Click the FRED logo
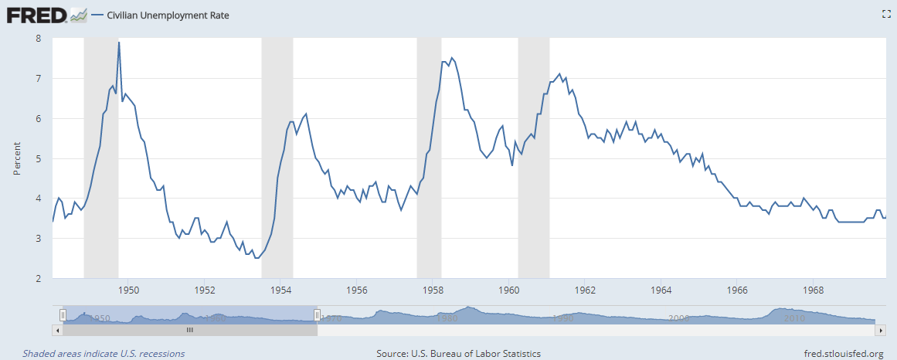(36, 14)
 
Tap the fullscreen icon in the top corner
(886, 14)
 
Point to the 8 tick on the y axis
(38, 38)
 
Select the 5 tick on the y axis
(38, 158)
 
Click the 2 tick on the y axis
(38, 278)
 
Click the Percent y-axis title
(17, 158)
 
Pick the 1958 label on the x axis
(433, 290)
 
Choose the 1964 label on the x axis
(661, 290)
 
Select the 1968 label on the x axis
(814, 290)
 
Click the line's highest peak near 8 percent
(119, 42)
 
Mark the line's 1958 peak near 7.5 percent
(452, 58)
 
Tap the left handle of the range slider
(63, 314)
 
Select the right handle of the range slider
(317, 314)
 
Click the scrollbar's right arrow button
(880, 330)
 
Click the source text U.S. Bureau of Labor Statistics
(458, 354)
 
